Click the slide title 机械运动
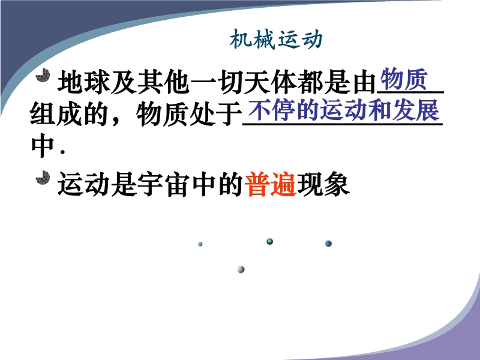pyautogui.click(x=276, y=40)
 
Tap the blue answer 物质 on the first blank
pyautogui.click(x=404, y=79)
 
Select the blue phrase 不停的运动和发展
pyautogui.click(x=343, y=110)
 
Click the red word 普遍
pyautogui.click(x=271, y=184)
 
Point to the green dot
pyautogui.click(x=269, y=242)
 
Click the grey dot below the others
pyautogui.click(x=241, y=269)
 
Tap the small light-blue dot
pyautogui.click(x=200, y=244)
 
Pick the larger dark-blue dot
pyautogui.click(x=328, y=244)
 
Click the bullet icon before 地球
pyautogui.click(x=43, y=76)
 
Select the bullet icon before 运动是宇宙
pyautogui.click(x=43, y=178)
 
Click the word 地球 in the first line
pyautogui.click(x=84, y=82)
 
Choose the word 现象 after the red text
pyautogui.click(x=323, y=184)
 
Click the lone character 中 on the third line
pyautogui.click(x=43, y=146)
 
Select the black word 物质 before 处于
pyautogui.click(x=162, y=114)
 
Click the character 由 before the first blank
pyautogui.click(x=364, y=82)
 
